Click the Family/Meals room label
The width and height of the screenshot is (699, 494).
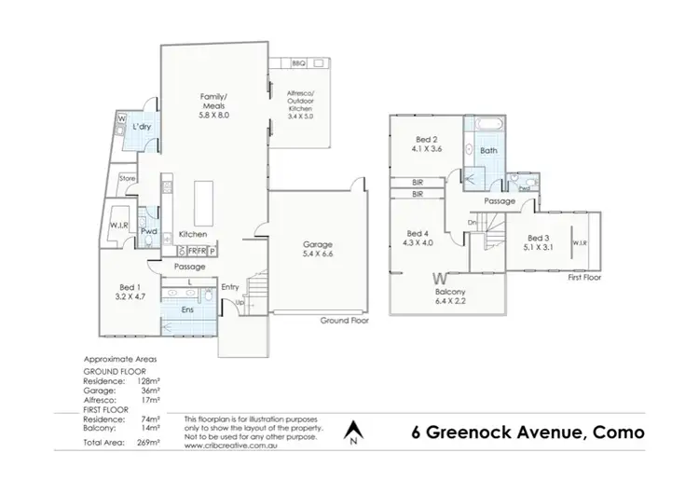tap(214, 102)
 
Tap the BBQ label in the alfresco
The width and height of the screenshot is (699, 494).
tap(298, 62)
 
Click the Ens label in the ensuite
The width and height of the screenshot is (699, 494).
tap(187, 309)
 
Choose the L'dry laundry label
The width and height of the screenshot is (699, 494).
tap(142, 127)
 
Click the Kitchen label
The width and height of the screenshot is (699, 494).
tap(192, 234)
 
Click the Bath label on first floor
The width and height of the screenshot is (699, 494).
tap(488, 150)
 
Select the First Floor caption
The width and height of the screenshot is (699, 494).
tap(587, 278)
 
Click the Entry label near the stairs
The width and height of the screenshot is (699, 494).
tap(228, 286)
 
